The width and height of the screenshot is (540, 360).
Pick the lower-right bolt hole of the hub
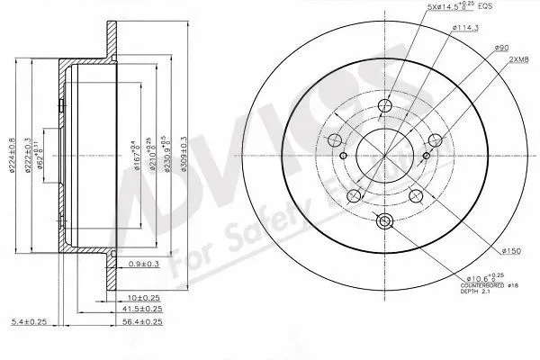pos(415,194)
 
